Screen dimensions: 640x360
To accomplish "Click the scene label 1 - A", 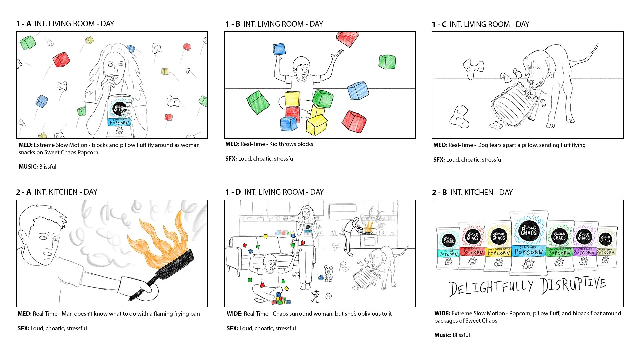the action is point(23,24).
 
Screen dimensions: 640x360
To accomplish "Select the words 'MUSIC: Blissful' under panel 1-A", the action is point(37,167).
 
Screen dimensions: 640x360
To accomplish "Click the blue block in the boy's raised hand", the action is point(279,49).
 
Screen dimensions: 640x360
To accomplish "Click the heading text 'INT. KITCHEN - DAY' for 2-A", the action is point(66,192).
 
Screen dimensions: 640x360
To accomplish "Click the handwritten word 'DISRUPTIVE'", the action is point(573,285).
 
